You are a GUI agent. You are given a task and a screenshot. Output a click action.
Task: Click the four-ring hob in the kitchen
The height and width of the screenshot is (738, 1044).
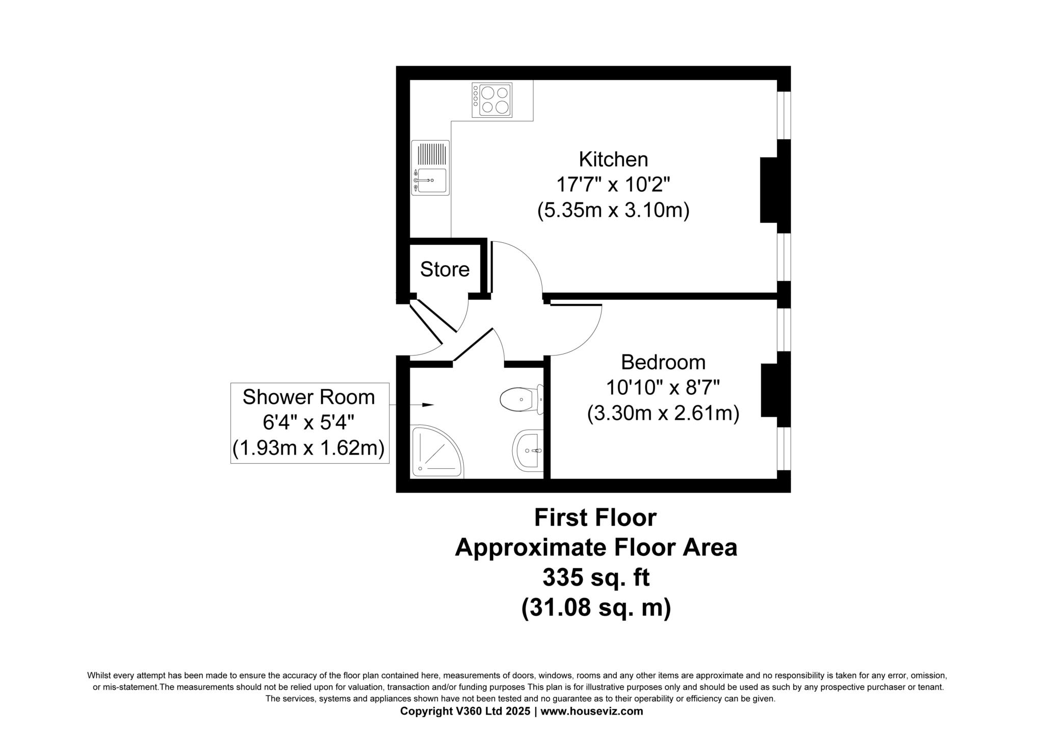[x=492, y=100]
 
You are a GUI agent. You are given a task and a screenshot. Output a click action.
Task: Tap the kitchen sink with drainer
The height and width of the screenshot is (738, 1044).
[x=431, y=168]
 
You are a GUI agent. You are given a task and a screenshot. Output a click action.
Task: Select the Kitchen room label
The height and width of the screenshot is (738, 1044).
[x=613, y=160]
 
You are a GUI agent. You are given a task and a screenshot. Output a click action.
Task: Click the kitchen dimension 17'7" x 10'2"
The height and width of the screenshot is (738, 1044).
[x=613, y=185]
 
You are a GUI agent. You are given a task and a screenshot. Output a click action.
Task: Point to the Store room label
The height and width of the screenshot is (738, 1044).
[x=445, y=269]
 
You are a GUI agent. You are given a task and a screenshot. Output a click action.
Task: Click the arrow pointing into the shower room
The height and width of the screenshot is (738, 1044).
[x=427, y=405]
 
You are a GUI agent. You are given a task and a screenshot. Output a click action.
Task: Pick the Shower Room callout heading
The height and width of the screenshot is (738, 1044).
[x=308, y=397]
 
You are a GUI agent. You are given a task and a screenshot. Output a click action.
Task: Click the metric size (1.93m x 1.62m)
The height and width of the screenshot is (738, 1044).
[x=308, y=448]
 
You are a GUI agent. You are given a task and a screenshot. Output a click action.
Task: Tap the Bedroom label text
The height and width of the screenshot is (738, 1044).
[x=663, y=363]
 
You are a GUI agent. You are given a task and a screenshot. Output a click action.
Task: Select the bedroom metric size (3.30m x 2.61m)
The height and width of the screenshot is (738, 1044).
[x=663, y=413]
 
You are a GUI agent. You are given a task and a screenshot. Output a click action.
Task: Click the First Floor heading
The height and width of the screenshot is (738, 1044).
[x=595, y=518]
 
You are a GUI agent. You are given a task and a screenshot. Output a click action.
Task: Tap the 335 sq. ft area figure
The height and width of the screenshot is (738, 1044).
[x=595, y=578]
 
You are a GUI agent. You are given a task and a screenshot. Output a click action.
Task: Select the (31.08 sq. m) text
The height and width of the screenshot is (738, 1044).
[x=595, y=608]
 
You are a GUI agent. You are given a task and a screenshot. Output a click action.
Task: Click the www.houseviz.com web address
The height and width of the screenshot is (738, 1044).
[x=591, y=711]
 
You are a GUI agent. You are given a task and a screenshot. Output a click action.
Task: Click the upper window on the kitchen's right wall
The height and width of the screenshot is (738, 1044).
[x=784, y=115]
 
